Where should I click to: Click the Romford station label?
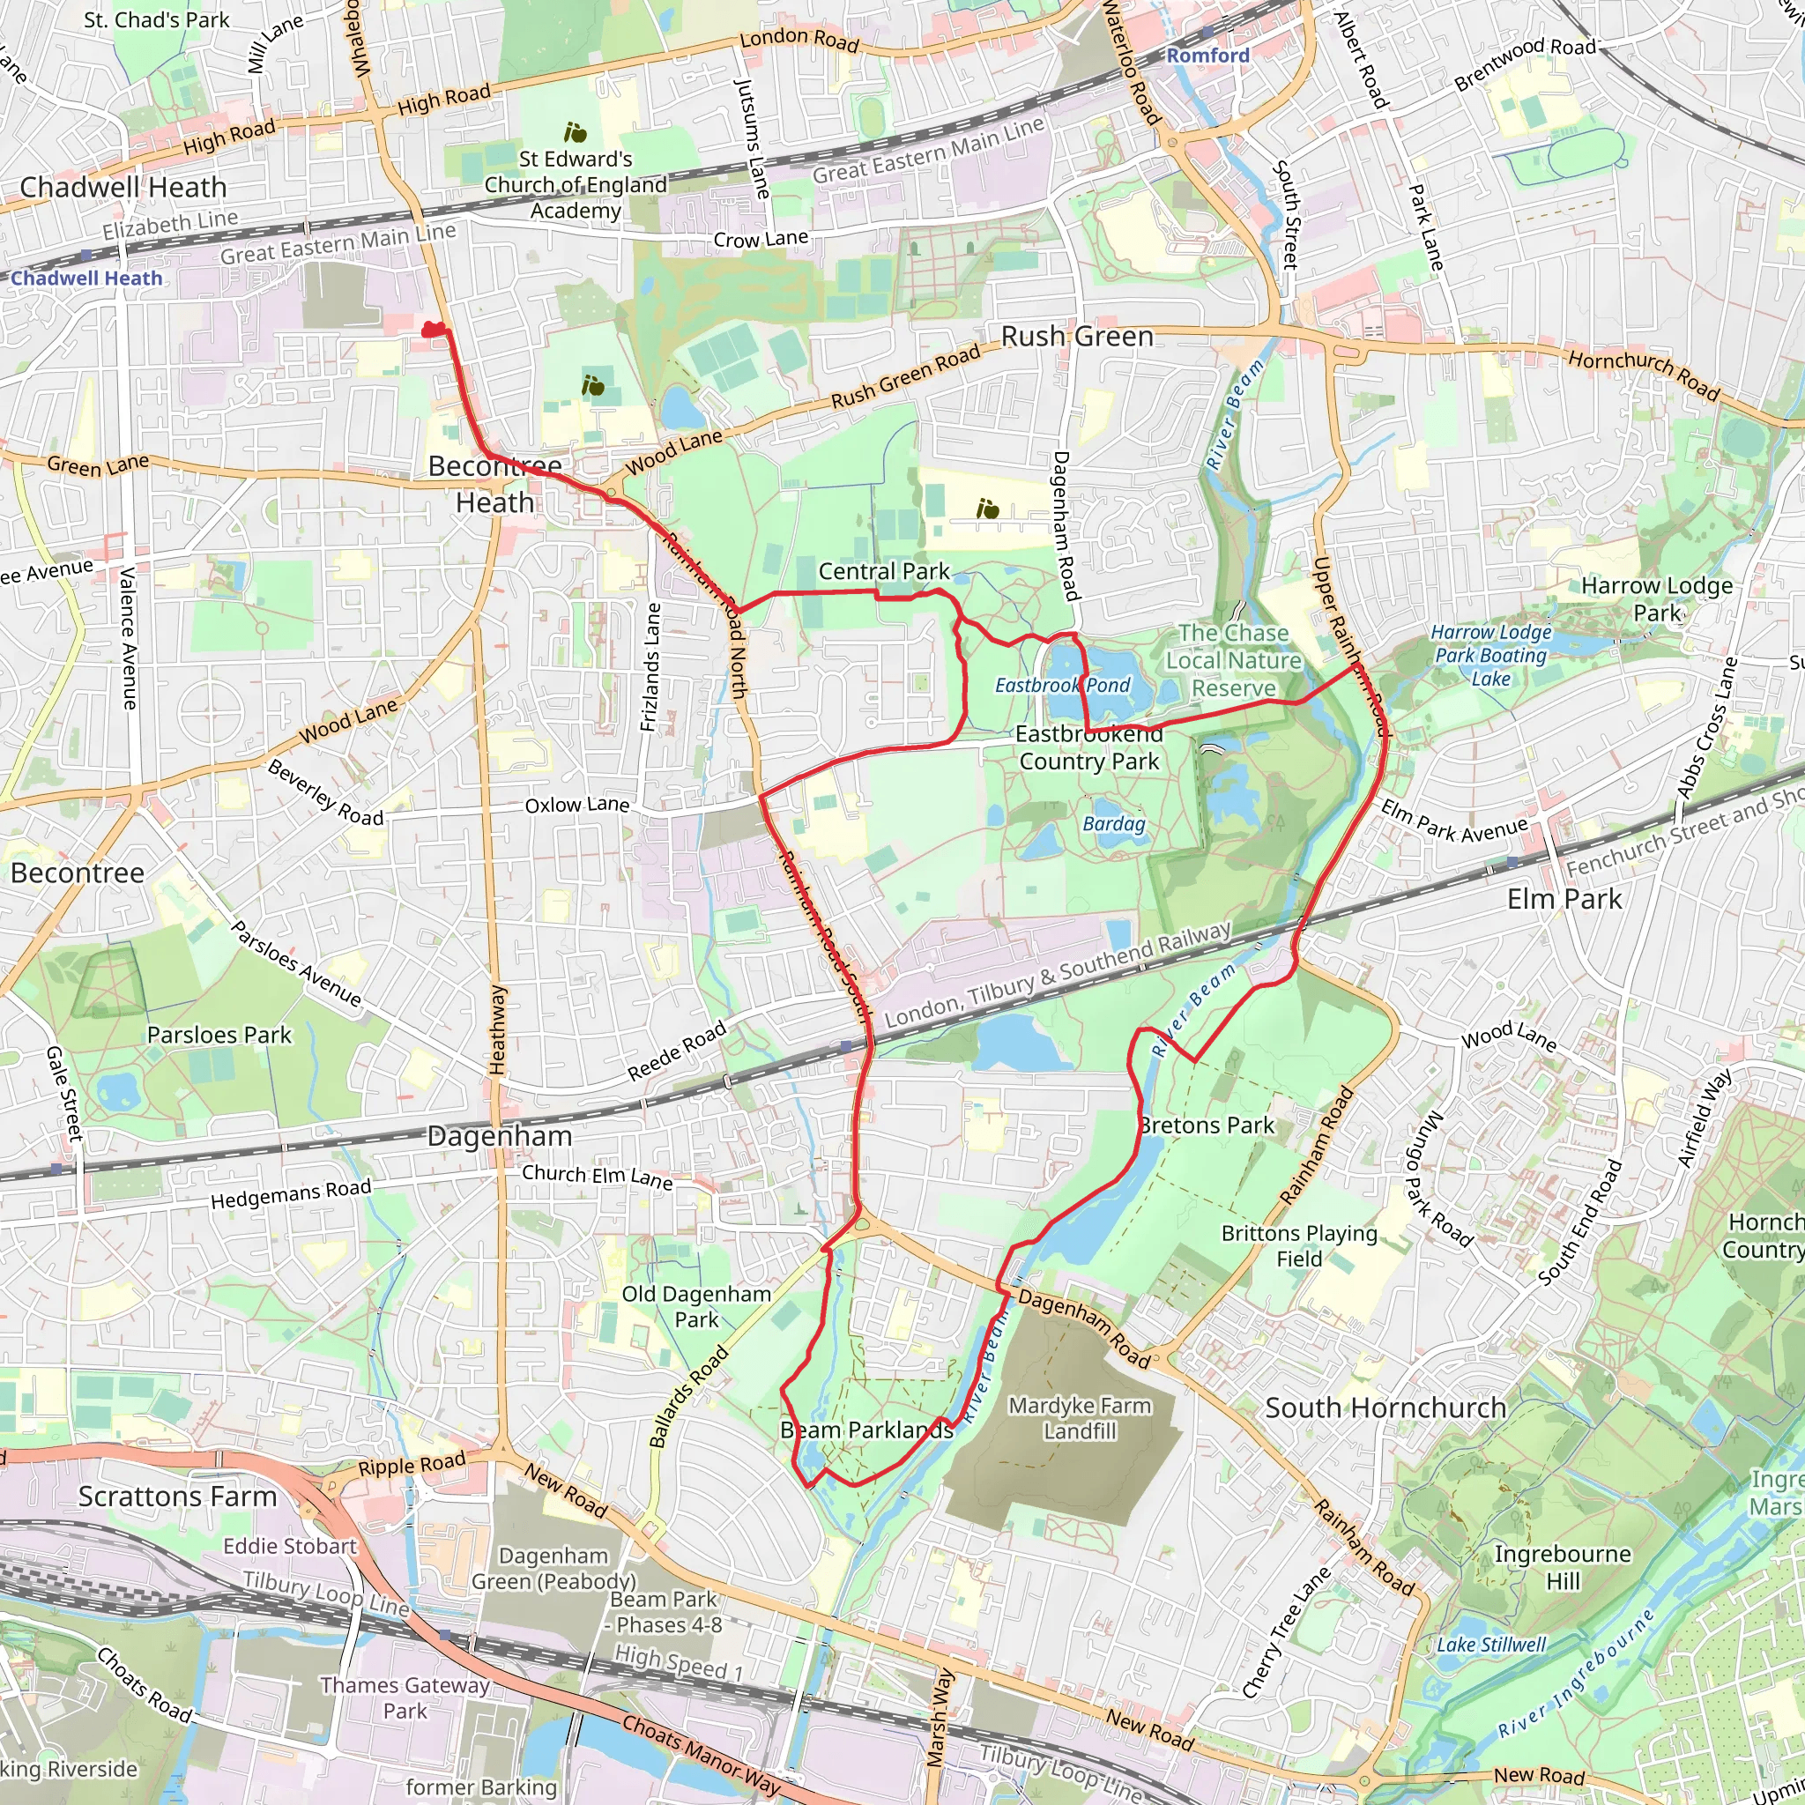point(1207,56)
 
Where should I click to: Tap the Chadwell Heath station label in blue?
point(86,279)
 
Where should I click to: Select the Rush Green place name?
point(1077,337)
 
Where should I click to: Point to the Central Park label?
point(884,571)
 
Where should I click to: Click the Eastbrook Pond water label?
point(1062,686)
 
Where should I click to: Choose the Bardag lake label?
point(1114,824)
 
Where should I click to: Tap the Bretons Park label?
point(1207,1125)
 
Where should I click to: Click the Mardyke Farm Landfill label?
point(1080,1418)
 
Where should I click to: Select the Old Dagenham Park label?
point(697,1307)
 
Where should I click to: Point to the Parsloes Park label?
point(219,1036)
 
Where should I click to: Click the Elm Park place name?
point(1565,899)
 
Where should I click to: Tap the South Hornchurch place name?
point(1385,1408)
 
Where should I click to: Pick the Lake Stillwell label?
point(1491,1645)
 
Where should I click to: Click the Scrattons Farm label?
point(177,1496)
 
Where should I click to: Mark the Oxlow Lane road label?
point(577,806)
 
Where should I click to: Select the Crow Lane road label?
point(761,239)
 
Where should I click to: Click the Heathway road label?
point(498,1029)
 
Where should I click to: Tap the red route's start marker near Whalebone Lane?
point(432,330)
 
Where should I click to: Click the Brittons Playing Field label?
point(1300,1245)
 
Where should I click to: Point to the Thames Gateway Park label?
point(405,1697)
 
